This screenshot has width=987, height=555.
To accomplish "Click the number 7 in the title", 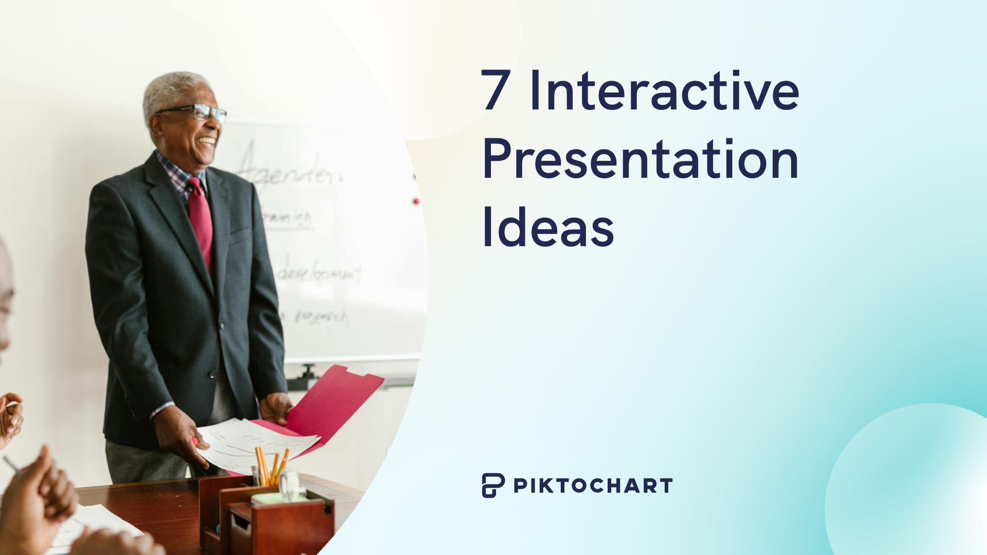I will (496, 91).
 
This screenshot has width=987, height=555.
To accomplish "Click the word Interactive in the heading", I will (664, 91).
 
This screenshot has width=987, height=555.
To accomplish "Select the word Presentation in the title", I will (640, 159).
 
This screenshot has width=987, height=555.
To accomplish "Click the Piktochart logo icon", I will (492, 485).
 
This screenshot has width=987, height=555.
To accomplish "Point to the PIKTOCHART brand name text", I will (593, 486).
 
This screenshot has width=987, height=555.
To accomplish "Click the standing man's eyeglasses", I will (198, 112).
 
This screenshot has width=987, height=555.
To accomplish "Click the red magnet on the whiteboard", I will (416, 201).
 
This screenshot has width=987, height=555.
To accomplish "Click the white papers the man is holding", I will (257, 442).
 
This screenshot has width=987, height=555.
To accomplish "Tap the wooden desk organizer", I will (272, 519).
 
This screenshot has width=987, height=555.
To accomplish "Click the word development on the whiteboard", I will (319, 272).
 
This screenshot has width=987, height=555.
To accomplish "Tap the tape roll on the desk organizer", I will (289, 483).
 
